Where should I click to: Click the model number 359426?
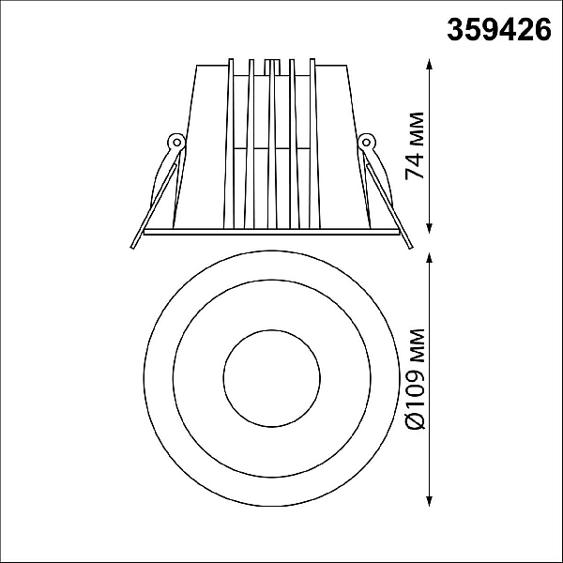coord(499,30)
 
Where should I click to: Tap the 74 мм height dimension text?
coord(415,145)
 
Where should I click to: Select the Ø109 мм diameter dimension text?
coord(416,379)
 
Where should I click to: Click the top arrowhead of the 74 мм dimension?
coord(429,64)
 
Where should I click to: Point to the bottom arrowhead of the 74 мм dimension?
coord(429,228)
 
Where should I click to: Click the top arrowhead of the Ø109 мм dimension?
coord(429,258)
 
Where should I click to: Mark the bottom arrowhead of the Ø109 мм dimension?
coord(429,501)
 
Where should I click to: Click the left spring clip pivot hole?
coord(176,143)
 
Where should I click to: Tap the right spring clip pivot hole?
coord(366,143)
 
